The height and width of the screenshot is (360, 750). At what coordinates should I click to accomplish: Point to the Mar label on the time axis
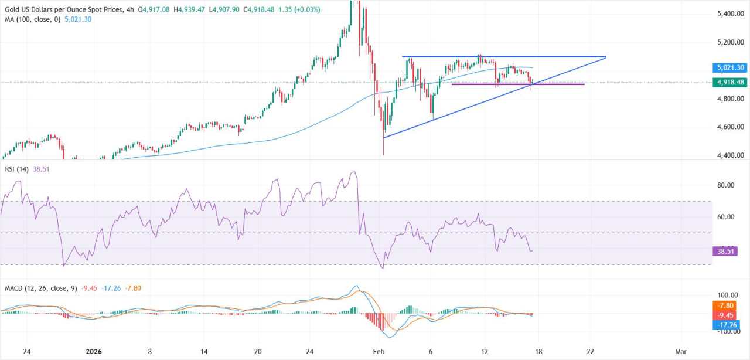tap(680, 352)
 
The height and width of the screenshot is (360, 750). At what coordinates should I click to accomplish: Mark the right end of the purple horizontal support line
tap(584, 84)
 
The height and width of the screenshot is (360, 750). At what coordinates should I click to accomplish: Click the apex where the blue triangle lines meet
tap(605, 57)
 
